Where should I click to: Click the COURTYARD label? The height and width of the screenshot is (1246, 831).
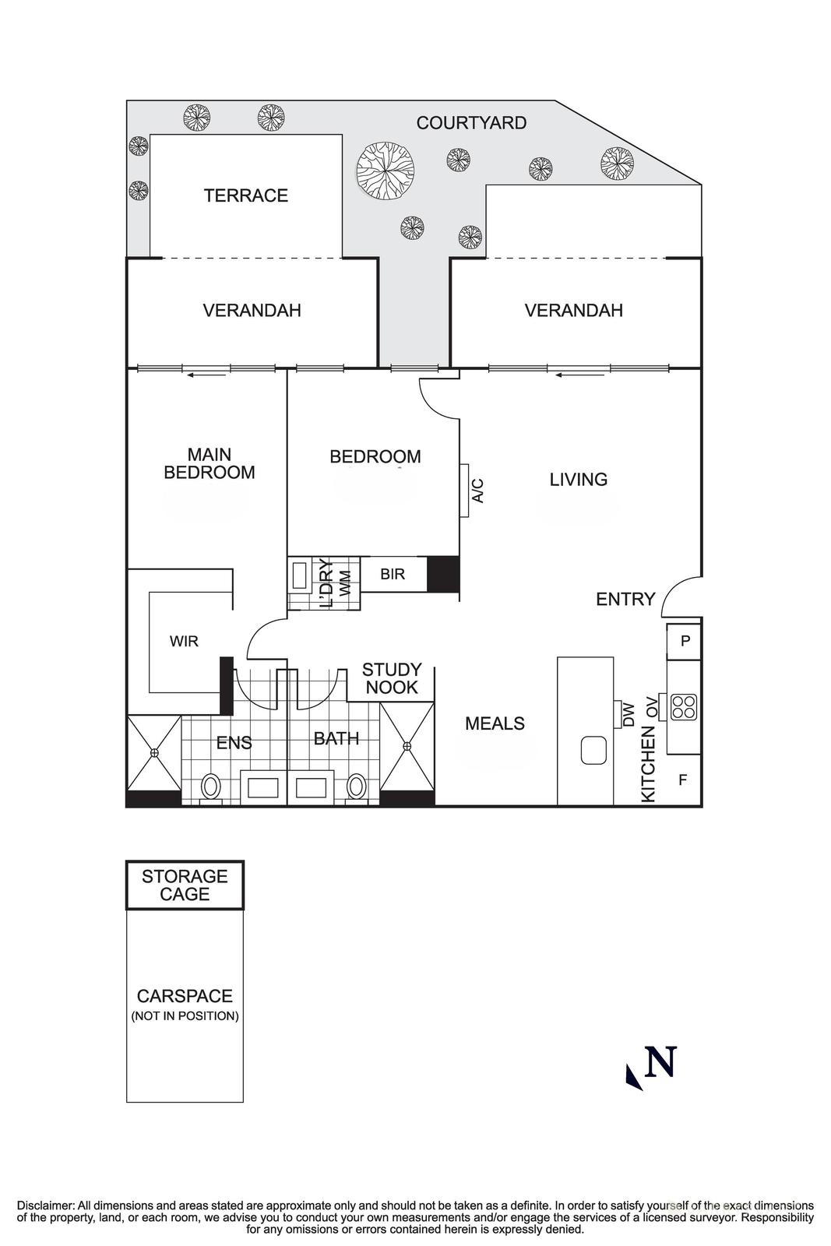pyautogui.click(x=471, y=123)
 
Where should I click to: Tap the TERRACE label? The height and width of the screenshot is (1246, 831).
pyautogui.click(x=246, y=195)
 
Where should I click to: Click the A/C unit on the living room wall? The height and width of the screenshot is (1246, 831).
pyautogui.click(x=465, y=491)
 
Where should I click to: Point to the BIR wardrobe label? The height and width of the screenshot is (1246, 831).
pyautogui.click(x=393, y=575)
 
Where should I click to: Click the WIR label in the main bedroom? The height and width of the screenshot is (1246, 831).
pyautogui.click(x=184, y=642)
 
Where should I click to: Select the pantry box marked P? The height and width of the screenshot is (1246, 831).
pyautogui.click(x=685, y=641)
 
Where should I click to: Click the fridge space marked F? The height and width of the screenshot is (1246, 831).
pyautogui.click(x=683, y=779)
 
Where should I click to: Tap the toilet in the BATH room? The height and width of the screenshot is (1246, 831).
pyautogui.click(x=357, y=786)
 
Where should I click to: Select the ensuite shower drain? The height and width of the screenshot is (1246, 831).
pyautogui.click(x=154, y=752)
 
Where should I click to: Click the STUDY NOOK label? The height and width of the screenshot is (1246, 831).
pyautogui.click(x=392, y=678)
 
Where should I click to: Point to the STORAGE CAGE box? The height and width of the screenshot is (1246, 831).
pyautogui.click(x=185, y=885)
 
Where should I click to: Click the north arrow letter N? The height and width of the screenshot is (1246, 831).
pyautogui.click(x=660, y=1062)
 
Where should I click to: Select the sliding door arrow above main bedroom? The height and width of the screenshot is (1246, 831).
pyautogui.click(x=206, y=375)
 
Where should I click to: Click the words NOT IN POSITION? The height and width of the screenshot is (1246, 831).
pyautogui.click(x=185, y=1015)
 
